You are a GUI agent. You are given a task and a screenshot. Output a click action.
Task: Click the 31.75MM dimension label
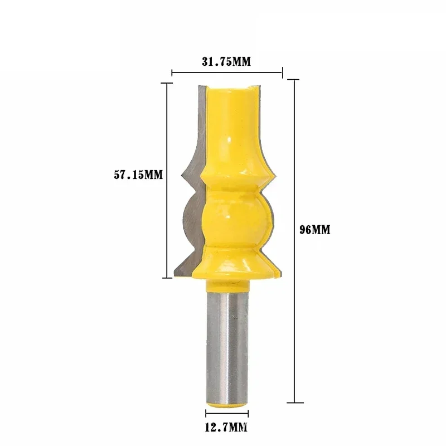[226, 62]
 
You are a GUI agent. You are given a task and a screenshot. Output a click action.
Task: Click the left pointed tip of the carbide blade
[182, 177]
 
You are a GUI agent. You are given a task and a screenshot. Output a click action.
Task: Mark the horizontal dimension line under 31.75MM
[226, 72]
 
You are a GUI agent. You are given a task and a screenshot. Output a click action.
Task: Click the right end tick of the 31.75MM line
[282, 72]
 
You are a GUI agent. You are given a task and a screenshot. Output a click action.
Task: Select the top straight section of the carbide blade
[201, 111]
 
